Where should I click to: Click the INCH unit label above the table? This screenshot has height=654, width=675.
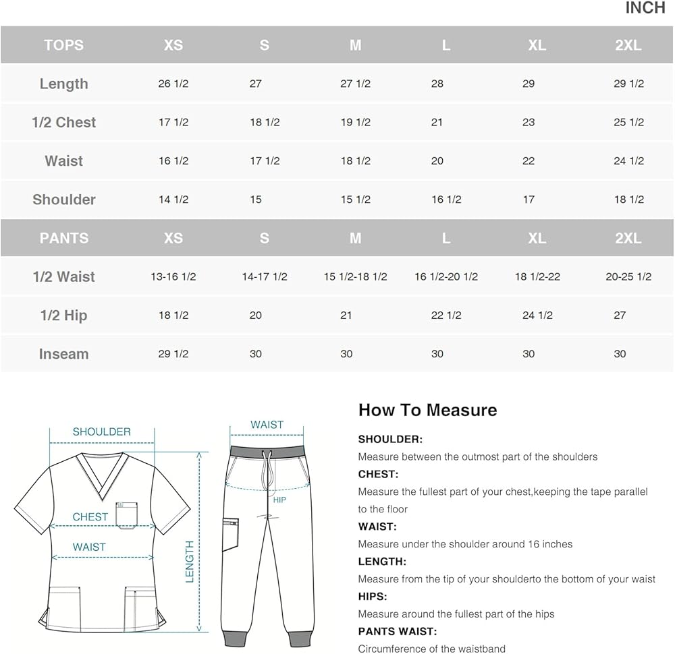pos(645,8)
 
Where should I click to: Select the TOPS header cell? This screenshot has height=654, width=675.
pos(63,45)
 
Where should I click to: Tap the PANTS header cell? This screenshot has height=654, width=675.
pos(63,238)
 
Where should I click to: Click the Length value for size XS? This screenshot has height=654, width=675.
pos(173,84)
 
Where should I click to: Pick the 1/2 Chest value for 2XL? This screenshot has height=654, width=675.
pos(628,122)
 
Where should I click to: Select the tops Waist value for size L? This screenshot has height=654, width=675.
pos(437,160)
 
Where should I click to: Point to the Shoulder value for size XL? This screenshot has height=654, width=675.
pos(529,200)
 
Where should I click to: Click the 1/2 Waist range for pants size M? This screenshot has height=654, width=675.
pos(355,276)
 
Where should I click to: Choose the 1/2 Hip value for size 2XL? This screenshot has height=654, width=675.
pos(620,315)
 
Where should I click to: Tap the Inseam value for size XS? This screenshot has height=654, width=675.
pos(173,354)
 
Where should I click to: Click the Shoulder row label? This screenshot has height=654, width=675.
pos(64,200)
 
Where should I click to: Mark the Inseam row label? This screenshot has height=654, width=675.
pos(63,354)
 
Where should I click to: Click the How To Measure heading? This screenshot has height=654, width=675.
pos(427,410)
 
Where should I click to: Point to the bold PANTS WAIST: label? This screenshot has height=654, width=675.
pos(398,632)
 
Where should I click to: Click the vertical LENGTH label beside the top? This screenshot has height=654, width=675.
pos(190,561)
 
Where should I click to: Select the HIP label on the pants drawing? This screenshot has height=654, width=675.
pos(279,500)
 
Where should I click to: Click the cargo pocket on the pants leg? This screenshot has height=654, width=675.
pos(230,534)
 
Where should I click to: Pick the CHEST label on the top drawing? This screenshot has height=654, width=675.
pos(90,516)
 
